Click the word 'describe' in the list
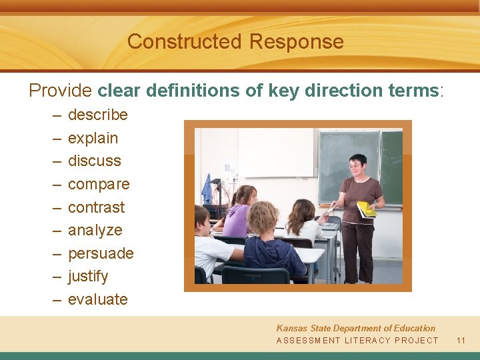[97, 115]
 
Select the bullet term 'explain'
[93, 138]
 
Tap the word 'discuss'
[95, 161]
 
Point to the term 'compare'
[99, 184]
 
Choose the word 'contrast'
[96, 207]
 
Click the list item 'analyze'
[95, 230]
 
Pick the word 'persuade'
[101, 253]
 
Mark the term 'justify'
[87, 276]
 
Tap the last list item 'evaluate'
[97, 299]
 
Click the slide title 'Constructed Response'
[235, 41]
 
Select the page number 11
[461, 340]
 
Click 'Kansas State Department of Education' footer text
[355, 328]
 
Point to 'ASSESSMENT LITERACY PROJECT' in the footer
[357, 340]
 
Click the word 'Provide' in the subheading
[61, 91]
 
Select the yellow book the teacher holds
[366, 209]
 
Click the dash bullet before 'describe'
[55, 115]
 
